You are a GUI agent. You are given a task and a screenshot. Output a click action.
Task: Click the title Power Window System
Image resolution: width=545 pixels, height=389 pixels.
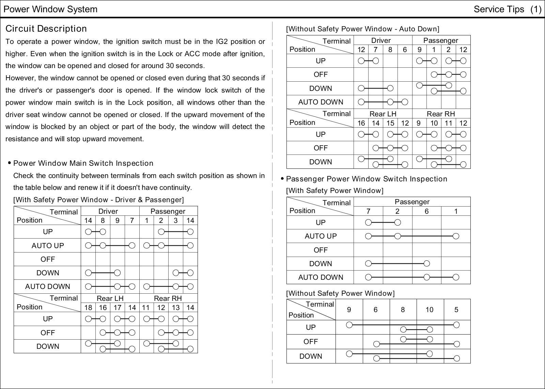click(x=50, y=9)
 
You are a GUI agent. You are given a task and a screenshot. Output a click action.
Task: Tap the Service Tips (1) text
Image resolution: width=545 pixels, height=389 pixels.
click(x=507, y=9)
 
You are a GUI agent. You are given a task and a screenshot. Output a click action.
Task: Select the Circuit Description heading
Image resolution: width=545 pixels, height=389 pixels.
click(x=46, y=29)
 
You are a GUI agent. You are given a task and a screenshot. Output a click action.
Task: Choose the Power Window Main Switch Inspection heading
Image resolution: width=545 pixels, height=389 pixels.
click(x=83, y=163)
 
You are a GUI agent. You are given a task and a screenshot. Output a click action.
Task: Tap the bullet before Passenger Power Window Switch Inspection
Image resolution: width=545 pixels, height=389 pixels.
click(x=282, y=179)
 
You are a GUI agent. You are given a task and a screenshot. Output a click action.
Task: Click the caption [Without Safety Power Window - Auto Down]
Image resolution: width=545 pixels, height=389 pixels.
click(x=362, y=29)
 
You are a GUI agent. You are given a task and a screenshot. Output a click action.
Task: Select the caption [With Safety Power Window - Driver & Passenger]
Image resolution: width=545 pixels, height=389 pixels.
click(x=98, y=199)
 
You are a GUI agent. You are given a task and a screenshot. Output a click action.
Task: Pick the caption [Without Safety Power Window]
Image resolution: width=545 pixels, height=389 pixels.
click(x=340, y=293)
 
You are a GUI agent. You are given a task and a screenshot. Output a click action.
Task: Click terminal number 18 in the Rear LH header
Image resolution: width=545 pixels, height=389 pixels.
click(x=88, y=308)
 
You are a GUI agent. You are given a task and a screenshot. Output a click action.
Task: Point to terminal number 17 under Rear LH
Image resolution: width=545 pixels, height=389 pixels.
click(x=118, y=308)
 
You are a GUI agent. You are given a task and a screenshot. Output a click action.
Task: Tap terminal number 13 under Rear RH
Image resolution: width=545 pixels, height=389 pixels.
click(x=176, y=308)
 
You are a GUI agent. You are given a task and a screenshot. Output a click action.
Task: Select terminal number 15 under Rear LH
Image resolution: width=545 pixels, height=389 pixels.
click(x=390, y=123)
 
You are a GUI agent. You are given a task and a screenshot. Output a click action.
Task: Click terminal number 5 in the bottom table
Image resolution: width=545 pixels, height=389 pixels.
click(x=456, y=310)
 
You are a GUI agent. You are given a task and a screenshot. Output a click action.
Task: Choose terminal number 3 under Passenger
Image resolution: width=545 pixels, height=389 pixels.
click(x=176, y=221)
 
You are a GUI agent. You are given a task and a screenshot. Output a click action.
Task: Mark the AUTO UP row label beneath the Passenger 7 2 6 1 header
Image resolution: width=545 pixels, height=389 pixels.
click(x=321, y=236)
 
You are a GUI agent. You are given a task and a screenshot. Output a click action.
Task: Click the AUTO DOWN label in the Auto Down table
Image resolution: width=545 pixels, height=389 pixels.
click(x=321, y=102)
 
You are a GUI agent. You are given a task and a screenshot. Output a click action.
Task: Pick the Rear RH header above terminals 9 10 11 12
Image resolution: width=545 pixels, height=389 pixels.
click(x=441, y=114)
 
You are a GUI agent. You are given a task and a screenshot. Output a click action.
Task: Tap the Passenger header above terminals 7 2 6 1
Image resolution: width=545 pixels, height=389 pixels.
click(x=412, y=202)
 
